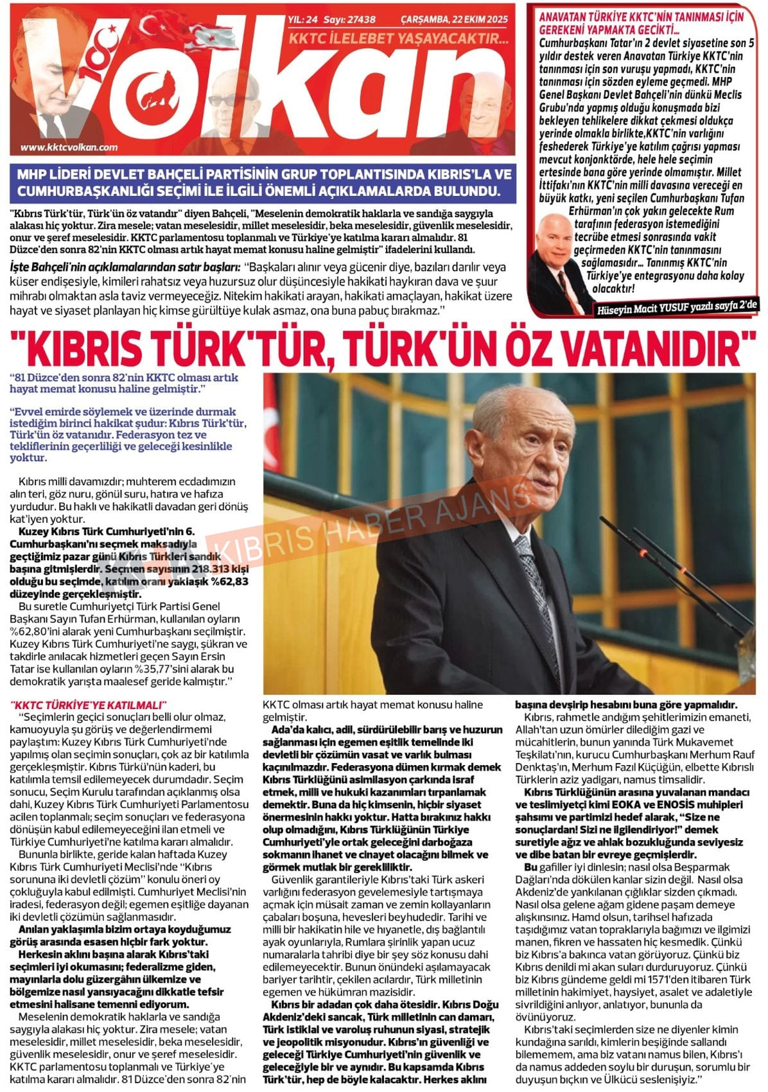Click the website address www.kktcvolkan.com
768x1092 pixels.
click(x=69, y=147)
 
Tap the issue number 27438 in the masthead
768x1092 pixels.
click(x=362, y=20)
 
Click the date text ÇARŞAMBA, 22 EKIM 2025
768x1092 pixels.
click(x=454, y=20)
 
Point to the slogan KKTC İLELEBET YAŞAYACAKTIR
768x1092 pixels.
click(x=398, y=39)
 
